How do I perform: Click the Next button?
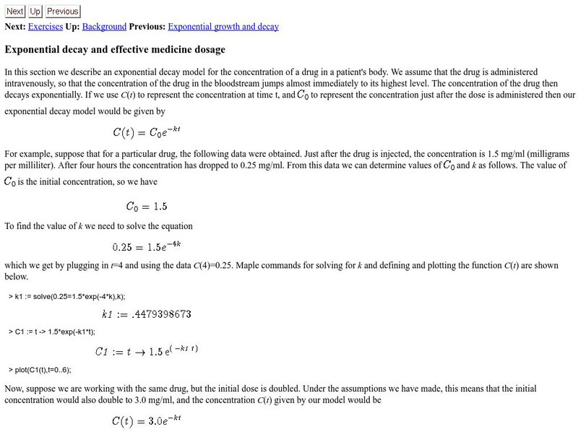(15, 12)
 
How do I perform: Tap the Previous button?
(63, 12)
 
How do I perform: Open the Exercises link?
(45, 27)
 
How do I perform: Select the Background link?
(104, 27)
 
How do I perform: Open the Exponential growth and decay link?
(223, 27)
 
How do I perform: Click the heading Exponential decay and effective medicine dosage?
(115, 50)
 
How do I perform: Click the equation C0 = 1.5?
(146, 206)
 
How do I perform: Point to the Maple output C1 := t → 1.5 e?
(147, 351)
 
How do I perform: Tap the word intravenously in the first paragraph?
(30, 83)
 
